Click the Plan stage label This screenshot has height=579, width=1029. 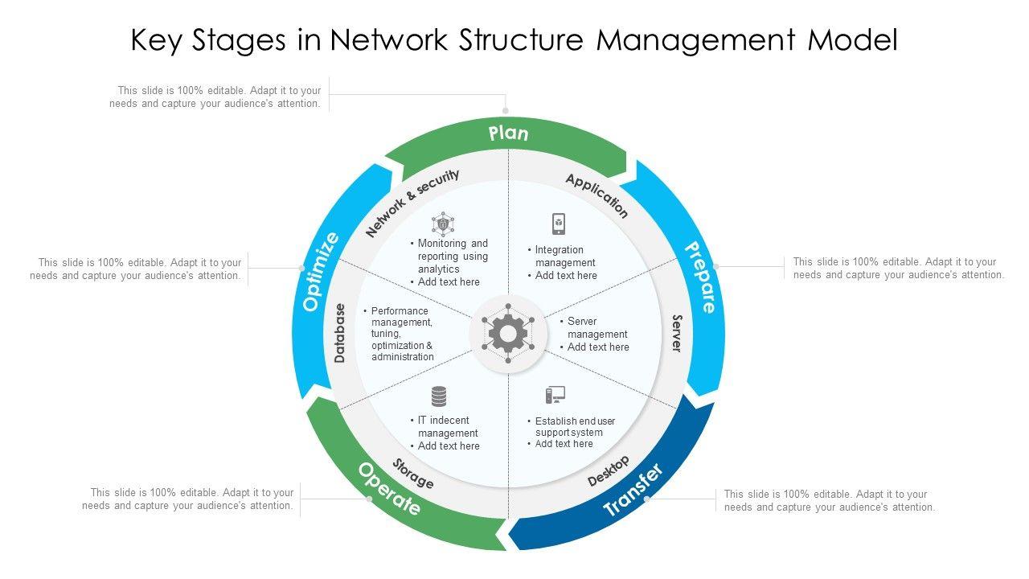508,133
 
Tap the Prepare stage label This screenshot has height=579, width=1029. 699,277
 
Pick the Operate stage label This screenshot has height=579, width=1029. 389,489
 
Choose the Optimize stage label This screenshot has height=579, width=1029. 321,272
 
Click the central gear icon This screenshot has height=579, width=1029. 508,333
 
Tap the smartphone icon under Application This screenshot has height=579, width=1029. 559,224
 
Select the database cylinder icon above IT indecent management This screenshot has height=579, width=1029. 439,396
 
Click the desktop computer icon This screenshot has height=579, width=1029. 555,396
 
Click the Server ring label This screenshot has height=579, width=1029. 677,333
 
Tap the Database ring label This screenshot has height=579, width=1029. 340,333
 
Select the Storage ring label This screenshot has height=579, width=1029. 413,473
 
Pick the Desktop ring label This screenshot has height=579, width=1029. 608,471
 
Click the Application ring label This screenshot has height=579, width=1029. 596,195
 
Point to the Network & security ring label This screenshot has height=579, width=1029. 412,203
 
